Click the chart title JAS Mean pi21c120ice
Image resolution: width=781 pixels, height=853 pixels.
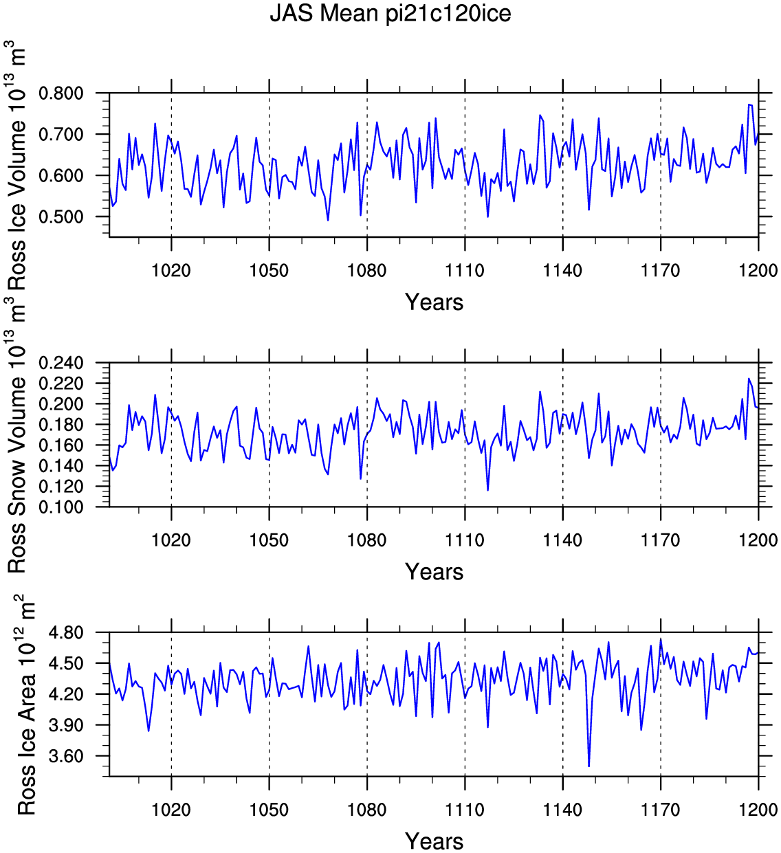390,14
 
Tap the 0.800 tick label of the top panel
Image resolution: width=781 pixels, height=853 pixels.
61,93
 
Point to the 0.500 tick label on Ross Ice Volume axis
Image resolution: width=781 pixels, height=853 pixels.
61,217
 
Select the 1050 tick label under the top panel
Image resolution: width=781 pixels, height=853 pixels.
269,270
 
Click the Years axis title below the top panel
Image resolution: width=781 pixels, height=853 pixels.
434,302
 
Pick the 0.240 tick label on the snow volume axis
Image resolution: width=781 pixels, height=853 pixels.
61,363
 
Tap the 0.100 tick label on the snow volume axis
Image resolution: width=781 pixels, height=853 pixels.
61,507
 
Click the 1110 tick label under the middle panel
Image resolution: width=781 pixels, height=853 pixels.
465,540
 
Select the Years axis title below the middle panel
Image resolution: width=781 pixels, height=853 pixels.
434,571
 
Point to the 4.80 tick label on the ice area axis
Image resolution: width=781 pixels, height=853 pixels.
67,632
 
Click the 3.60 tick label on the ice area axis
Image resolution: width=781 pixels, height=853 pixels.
67,756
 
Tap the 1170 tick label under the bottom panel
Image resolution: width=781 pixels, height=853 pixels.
660,810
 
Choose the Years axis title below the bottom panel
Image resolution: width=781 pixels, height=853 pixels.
434,841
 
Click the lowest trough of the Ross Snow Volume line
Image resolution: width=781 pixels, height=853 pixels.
487,490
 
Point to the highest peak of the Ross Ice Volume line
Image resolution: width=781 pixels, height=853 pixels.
749,104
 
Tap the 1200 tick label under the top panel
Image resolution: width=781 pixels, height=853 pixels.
758,270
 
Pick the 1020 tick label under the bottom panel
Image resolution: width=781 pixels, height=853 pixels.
171,810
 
